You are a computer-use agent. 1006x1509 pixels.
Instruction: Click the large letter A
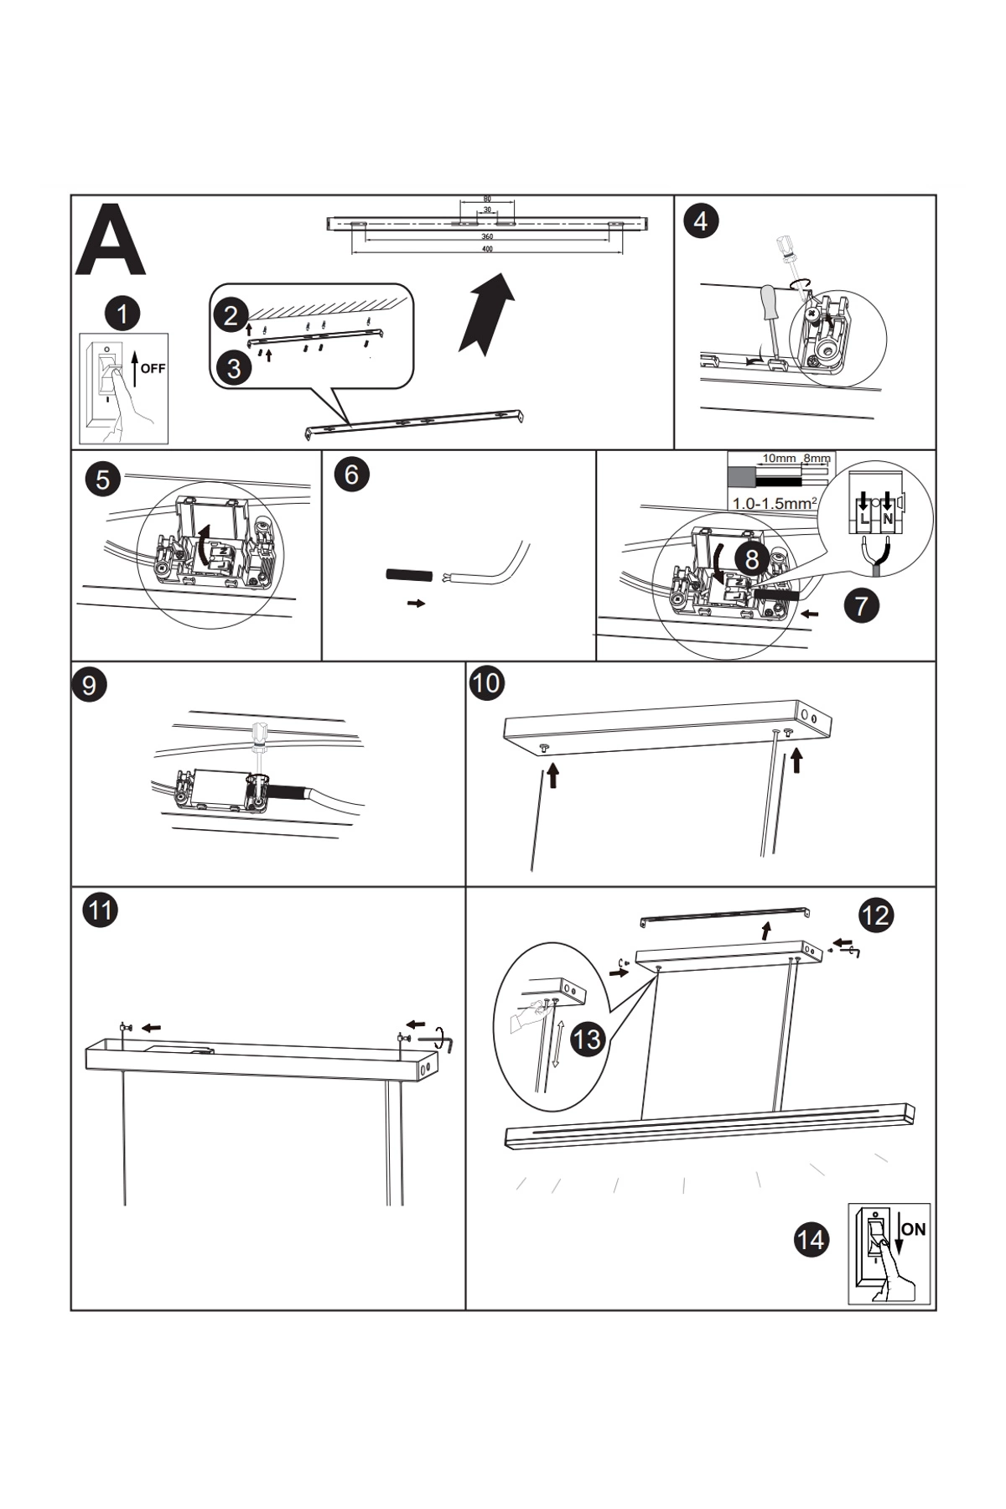(x=111, y=241)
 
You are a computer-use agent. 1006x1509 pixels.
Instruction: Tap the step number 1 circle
(x=122, y=314)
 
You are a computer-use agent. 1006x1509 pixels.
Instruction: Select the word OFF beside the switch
(x=153, y=368)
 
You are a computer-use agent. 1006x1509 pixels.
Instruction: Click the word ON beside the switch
(x=914, y=1229)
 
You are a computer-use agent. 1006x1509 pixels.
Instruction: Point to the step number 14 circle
(x=811, y=1239)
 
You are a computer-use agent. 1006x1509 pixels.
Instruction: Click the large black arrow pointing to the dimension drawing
(x=486, y=315)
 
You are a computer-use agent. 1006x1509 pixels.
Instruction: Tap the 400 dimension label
(x=487, y=250)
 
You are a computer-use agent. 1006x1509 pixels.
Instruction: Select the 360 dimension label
(x=487, y=236)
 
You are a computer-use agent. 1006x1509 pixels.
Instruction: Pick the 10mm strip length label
(x=779, y=459)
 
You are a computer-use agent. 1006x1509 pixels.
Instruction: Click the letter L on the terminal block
(x=863, y=519)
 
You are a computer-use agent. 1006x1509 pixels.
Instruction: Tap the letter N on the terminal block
(x=886, y=519)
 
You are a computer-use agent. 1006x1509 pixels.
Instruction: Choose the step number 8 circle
(x=752, y=557)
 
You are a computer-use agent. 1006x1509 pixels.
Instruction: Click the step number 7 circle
(x=862, y=604)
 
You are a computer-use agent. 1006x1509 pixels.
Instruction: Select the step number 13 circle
(x=588, y=1039)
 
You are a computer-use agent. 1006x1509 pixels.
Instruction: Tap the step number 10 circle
(x=486, y=682)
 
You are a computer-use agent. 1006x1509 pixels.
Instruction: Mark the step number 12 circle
(x=876, y=914)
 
